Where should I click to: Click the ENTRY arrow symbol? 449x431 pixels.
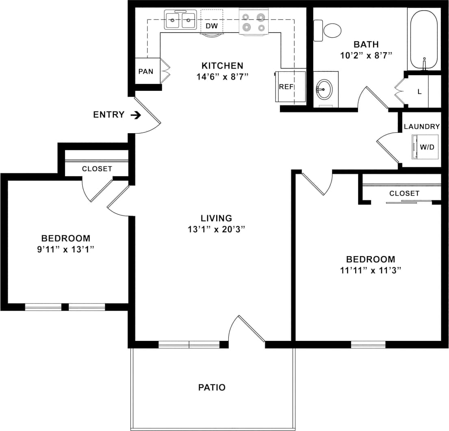tap(136, 115)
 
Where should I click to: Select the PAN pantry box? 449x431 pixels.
tap(145, 71)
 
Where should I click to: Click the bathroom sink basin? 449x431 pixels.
tap(325, 89)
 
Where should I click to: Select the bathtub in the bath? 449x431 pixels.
tap(424, 39)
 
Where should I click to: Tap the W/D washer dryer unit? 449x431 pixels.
tap(427, 147)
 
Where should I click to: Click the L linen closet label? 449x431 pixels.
tap(420, 92)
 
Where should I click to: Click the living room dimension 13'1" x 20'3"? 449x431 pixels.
tap(216, 229)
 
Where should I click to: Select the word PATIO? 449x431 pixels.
tap(212, 388)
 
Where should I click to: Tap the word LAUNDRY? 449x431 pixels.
tap(422, 127)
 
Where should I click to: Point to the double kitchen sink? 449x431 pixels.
tap(180, 20)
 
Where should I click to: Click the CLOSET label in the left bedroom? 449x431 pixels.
tap(97, 169)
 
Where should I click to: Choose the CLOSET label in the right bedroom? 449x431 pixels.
tap(404, 194)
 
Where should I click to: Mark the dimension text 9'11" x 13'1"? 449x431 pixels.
tap(66, 250)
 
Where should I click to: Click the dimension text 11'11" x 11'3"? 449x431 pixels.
tap(370, 270)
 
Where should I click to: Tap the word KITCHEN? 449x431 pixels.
tap(222, 65)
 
